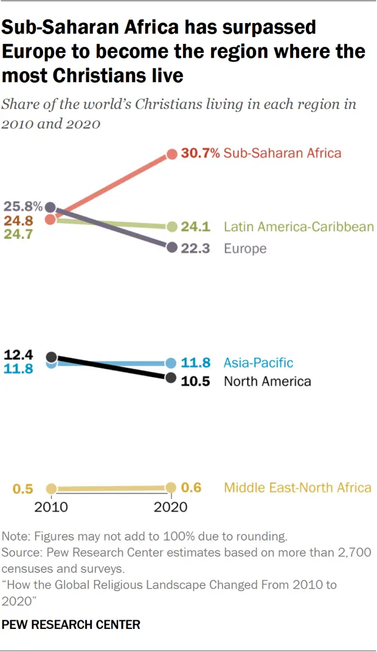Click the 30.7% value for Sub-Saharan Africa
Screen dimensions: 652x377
tap(200, 153)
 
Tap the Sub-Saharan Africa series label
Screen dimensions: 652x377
tap(283, 153)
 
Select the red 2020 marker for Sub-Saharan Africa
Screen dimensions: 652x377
tap(172, 154)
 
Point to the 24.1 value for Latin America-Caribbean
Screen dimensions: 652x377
tap(196, 227)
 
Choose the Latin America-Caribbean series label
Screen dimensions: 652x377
tap(299, 227)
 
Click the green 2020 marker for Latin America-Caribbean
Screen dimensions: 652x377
tap(172, 227)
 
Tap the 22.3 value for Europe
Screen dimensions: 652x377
tap(196, 248)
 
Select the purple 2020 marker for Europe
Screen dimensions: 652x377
tap(172, 248)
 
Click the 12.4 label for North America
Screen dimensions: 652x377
tap(18, 354)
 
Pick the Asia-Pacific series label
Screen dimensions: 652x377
tap(258, 362)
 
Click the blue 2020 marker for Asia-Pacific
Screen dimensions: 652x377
tap(172, 363)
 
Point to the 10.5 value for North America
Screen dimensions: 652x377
tap(196, 381)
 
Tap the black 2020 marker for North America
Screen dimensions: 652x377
tap(172, 378)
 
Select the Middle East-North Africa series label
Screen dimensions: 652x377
tap(297, 487)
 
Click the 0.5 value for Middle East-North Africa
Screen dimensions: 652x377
tap(22, 488)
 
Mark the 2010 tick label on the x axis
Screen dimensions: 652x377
tap(51, 507)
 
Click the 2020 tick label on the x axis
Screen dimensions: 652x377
tap(171, 507)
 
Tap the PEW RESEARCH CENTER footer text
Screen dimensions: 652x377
tap(71, 624)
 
